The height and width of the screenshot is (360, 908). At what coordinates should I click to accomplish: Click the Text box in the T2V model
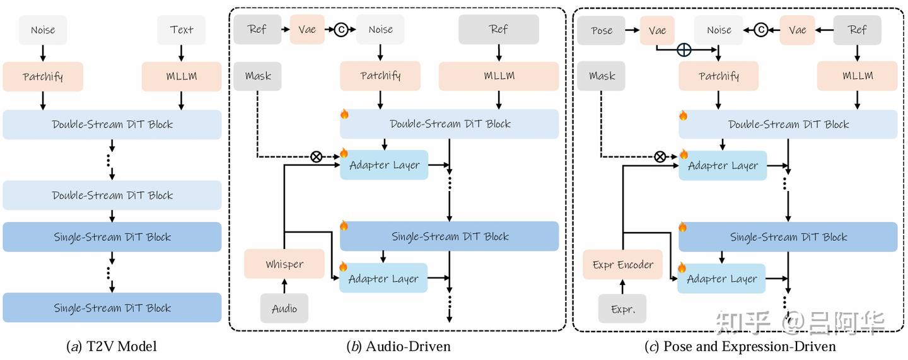(182, 30)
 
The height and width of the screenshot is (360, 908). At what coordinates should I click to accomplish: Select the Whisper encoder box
(284, 264)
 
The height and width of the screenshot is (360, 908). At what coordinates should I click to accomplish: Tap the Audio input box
(284, 308)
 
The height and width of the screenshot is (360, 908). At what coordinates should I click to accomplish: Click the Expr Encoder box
(623, 264)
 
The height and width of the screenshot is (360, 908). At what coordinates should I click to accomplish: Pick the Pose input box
(602, 30)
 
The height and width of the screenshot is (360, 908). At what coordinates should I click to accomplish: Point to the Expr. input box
(622, 309)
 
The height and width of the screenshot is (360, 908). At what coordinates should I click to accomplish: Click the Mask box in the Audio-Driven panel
(258, 76)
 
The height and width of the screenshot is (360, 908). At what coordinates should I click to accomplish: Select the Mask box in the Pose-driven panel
(602, 76)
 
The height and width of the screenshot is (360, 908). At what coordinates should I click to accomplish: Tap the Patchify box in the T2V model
(43, 76)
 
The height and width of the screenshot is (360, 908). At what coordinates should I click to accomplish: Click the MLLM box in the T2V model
(182, 76)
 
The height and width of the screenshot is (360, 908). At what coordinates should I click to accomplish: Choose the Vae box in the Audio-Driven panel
(307, 30)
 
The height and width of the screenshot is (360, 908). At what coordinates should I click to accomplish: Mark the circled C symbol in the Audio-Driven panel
(341, 30)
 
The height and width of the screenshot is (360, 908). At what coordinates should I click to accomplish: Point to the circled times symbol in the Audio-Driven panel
(317, 156)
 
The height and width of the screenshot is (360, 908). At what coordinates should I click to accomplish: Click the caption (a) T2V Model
(112, 346)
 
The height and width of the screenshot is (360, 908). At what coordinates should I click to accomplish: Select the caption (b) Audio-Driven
(399, 346)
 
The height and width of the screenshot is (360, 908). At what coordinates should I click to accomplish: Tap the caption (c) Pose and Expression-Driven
(740, 346)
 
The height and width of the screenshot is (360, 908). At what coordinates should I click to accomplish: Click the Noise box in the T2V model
(43, 30)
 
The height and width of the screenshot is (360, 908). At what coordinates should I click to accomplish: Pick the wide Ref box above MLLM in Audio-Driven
(499, 30)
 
